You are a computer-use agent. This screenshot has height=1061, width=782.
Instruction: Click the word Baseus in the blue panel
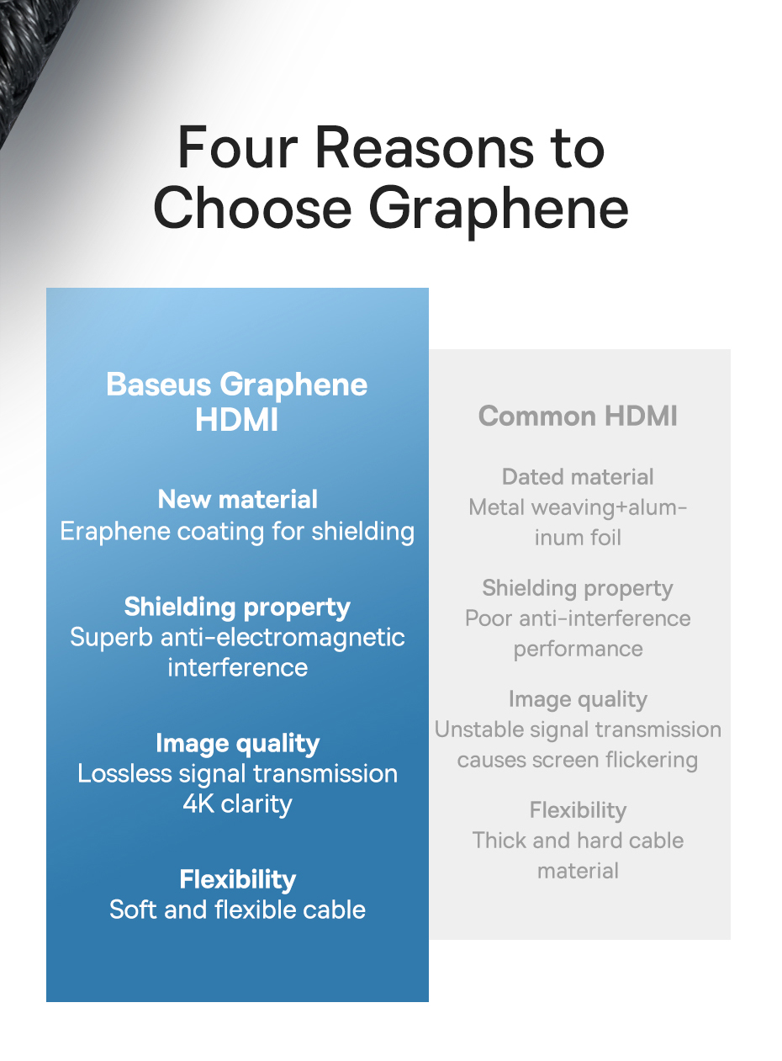tap(159, 384)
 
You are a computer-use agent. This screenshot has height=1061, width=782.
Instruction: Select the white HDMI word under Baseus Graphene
tap(236, 420)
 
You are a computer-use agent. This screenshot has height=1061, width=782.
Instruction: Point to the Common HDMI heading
tap(578, 416)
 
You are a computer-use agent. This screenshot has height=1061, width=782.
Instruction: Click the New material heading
tap(238, 499)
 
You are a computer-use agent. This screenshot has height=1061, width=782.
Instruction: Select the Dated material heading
tap(578, 476)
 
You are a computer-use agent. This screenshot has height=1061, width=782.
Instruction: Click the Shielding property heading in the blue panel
tap(237, 607)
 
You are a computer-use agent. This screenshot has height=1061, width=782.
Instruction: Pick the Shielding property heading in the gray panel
tap(578, 589)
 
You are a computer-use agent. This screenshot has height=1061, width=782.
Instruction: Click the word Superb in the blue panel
tap(112, 637)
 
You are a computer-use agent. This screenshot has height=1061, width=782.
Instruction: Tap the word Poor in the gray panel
tap(489, 618)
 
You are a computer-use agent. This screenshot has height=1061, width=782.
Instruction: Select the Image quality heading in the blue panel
tap(238, 744)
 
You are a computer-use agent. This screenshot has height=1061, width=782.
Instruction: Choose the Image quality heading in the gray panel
tap(578, 699)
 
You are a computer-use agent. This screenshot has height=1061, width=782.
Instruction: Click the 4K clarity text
tap(238, 804)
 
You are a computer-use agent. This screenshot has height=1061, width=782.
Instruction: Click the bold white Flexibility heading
tap(238, 879)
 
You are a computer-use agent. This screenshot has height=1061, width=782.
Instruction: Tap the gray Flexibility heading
tap(578, 810)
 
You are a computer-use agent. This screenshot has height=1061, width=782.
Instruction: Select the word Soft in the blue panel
tap(134, 910)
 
